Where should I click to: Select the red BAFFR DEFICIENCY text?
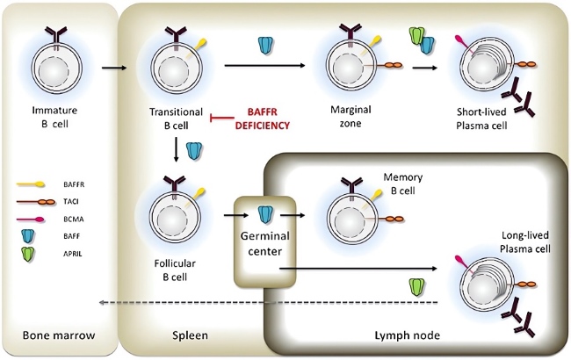click(x=260, y=119)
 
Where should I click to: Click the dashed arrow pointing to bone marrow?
click(x=264, y=302)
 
